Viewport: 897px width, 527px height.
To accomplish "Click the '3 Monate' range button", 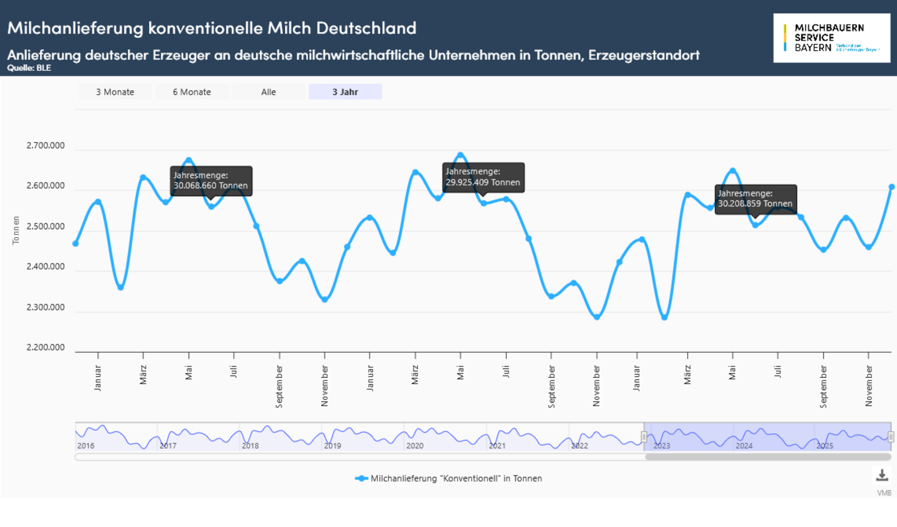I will (115, 92).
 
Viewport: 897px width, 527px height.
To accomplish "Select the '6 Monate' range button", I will (192, 92).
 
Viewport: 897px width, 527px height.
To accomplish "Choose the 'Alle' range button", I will (269, 92).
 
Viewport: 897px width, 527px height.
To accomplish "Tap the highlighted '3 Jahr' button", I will (345, 92).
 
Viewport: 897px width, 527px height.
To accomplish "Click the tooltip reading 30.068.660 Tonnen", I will (210, 181).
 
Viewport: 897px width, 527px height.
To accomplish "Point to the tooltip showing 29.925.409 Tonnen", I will (483, 177).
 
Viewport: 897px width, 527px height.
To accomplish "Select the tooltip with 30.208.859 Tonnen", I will (755, 199).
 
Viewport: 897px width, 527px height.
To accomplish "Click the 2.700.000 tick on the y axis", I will (45, 145).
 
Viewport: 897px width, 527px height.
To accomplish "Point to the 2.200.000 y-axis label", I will (45, 348).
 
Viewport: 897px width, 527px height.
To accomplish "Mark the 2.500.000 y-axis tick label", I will (45, 227).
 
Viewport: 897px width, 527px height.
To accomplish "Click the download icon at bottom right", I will (882, 476).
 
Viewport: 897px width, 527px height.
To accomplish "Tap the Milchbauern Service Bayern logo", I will (831, 38).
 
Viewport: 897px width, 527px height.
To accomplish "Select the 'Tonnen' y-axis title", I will (16, 230).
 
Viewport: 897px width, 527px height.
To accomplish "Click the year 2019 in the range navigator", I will (332, 446).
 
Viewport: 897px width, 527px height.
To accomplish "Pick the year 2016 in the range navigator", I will (86, 446).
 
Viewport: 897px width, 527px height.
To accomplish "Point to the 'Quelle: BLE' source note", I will (29, 68).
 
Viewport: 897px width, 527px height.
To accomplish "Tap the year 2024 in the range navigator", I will (744, 446).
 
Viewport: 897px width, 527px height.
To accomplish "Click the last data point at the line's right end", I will (891, 187).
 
